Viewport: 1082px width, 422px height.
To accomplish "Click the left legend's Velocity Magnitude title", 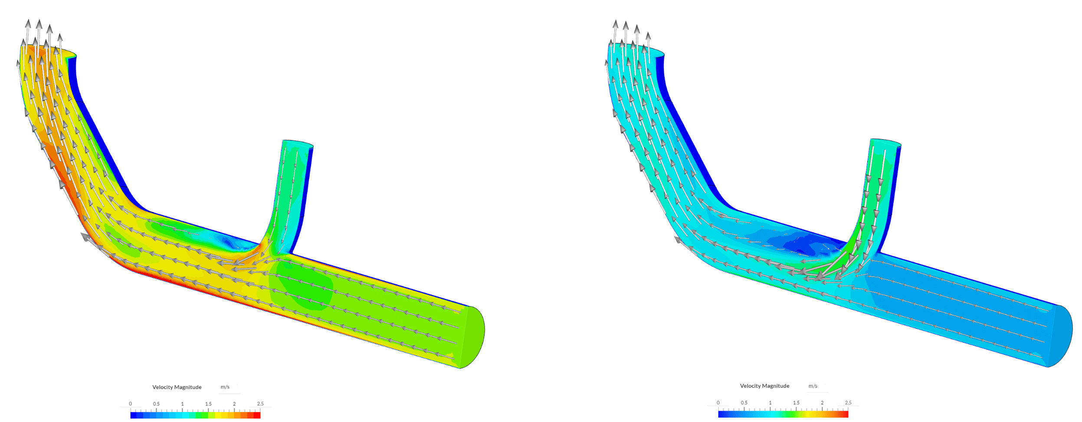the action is pos(177,387).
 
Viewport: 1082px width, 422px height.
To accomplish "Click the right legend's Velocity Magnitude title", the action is pos(764,386).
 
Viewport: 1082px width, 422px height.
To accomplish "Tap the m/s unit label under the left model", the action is pos(225,387).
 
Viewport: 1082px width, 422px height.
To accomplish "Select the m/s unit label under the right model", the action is pos(813,386).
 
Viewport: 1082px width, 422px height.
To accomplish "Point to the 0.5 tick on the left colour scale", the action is pos(156,404).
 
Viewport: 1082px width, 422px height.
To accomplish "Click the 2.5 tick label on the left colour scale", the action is pos(260,404).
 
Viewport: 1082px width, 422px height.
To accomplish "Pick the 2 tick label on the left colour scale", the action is pos(234,404).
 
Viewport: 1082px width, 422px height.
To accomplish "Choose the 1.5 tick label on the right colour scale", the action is pos(796,402).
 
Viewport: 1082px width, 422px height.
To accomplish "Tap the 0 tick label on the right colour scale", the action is pos(718,402).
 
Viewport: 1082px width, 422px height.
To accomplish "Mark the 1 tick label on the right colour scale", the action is pos(770,402).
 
